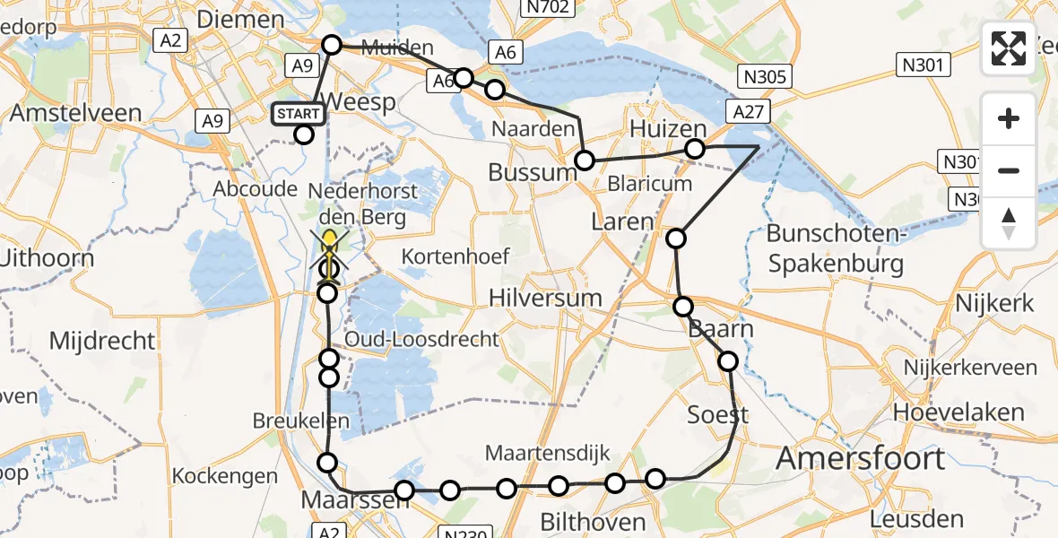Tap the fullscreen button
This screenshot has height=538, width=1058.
1009,48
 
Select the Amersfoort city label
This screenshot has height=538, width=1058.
860,458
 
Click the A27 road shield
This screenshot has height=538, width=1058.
748,111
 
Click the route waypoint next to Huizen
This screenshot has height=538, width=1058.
695,149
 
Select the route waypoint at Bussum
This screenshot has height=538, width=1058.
585,161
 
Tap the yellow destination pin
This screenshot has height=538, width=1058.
329,242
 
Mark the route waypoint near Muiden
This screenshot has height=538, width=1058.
332,45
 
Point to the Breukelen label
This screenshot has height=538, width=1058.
300,421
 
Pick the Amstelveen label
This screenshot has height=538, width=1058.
75,113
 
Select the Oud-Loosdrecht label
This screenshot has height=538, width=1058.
422,339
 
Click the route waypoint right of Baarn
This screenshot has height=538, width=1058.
728,361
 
